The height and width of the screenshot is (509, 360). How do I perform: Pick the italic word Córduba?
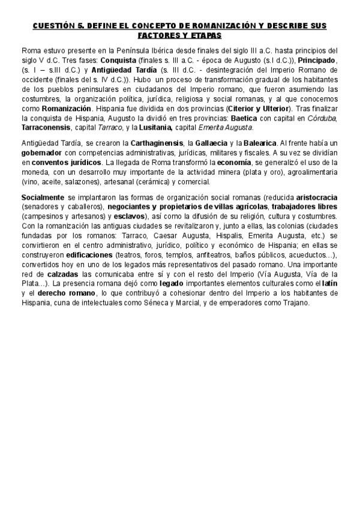click(x=323, y=119)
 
